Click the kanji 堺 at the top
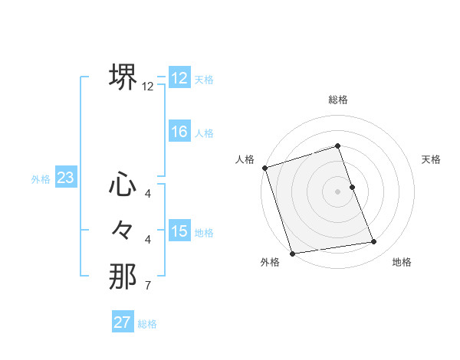tap(123, 77)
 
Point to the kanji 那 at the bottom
tap(123, 277)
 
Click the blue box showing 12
tap(179, 78)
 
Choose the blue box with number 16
tap(179, 132)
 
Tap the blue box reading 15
tap(179, 231)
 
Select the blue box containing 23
tap(66, 178)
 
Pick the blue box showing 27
tap(123, 322)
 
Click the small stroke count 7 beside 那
tap(147, 286)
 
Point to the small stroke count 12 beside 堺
tap(148, 87)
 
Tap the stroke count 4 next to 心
tap(147, 193)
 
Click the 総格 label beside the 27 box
tap(148, 324)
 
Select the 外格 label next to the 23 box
tap(41, 179)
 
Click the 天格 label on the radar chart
tap(432, 159)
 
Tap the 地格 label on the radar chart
tap(402, 262)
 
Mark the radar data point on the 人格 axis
tap(264, 168)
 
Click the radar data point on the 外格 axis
tap(292, 254)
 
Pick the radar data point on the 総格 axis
tap(338, 146)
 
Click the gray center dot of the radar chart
tap(338, 191)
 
